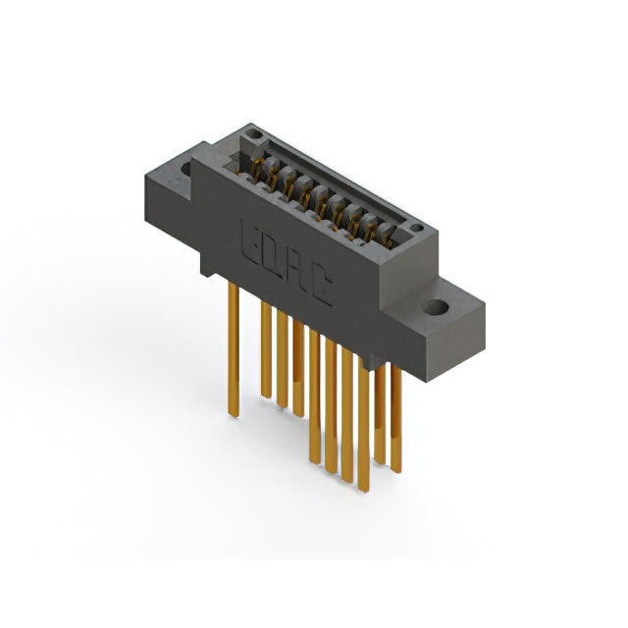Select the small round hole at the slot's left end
pos(253,134)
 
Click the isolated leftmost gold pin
pos(233,343)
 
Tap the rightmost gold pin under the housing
pos(395,412)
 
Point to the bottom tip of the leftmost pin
pos(233,413)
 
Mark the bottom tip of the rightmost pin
pos(395,469)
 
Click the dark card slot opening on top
pos(334,182)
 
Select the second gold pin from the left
pos(265,348)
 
